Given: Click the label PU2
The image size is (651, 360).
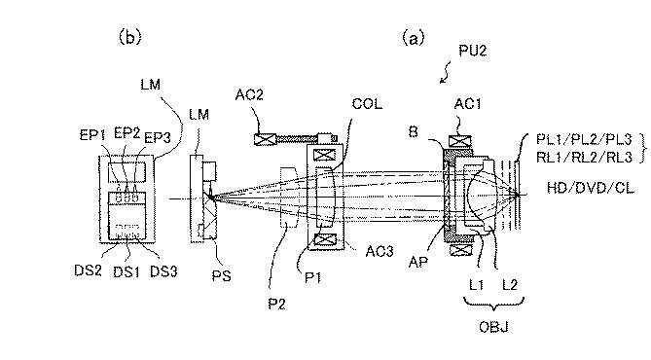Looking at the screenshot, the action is tap(473, 51).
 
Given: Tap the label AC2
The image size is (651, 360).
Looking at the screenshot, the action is tap(249, 94).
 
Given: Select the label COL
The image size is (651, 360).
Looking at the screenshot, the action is tap(367, 104).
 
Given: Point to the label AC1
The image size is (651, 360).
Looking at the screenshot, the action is tap(467, 104).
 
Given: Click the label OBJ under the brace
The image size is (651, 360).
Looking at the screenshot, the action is tap(493, 327).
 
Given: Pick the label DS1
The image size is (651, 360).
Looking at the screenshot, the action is tap(127, 272).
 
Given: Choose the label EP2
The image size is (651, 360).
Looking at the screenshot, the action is tap(127, 133).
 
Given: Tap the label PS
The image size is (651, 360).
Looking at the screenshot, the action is tap(221, 275).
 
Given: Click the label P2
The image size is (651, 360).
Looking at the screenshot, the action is tap(277, 304).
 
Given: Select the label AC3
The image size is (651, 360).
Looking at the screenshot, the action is tap(380, 251).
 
